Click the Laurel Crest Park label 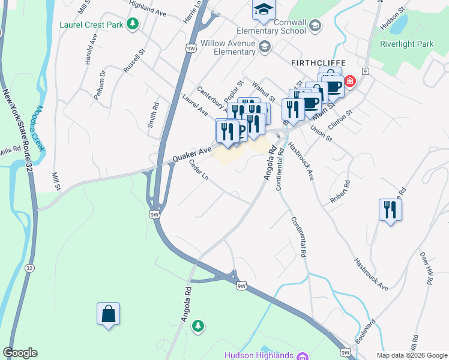[91, 25]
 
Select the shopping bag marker [108, 314]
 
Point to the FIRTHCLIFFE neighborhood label [316, 62]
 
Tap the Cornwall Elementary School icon [316, 25]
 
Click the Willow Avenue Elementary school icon [264, 47]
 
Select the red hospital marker [350, 81]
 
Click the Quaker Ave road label [193, 154]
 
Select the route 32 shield [28, 268]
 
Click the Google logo [20, 353]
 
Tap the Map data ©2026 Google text [411, 355]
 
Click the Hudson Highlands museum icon [303, 356]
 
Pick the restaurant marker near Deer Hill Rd [390, 210]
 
